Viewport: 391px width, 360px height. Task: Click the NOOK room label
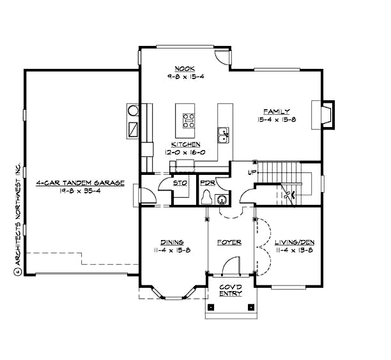[185, 69]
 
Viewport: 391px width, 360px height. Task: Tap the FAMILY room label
[278, 111]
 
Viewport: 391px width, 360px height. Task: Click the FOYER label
[228, 243]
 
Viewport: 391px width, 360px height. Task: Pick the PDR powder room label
[206, 183]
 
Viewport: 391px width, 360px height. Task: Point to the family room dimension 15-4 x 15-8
[278, 119]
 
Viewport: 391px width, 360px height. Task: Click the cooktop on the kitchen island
[189, 120]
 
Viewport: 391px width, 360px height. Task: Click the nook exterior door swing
[220, 56]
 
